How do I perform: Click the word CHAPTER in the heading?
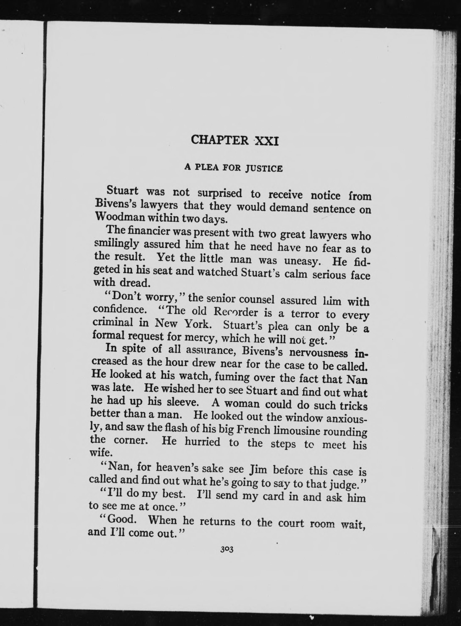click(x=220, y=140)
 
